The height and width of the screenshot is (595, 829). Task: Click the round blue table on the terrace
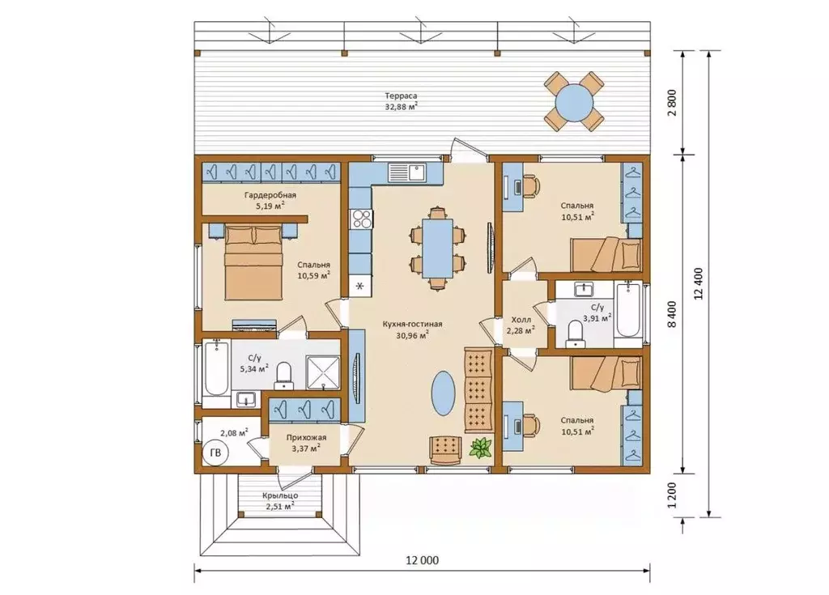(x=574, y=101)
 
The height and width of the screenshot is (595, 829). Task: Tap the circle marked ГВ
(x=215, y=453)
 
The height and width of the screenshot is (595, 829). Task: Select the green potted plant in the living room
(x=481, y=448)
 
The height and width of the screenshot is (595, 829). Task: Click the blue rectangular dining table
(x=438, y=249)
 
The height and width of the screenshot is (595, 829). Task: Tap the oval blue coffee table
(x=443, y=392)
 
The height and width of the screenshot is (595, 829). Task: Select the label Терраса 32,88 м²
(x=401, y=101)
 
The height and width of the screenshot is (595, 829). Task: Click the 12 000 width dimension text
(x=423, y=560)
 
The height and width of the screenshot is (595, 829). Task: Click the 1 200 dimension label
(x=672, y=495)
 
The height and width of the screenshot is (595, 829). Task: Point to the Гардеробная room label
(x=270, y=195)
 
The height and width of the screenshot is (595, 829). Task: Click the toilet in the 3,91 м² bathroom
(x=574, y=334)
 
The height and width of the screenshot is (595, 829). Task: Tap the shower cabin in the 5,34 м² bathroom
(x=324, y=372)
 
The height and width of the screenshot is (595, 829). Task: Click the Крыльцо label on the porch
(x=280, y=495)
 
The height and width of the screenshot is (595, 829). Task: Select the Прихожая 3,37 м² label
(x=306, y=443)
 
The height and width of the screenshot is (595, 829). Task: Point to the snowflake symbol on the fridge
(x=360, y=286)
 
